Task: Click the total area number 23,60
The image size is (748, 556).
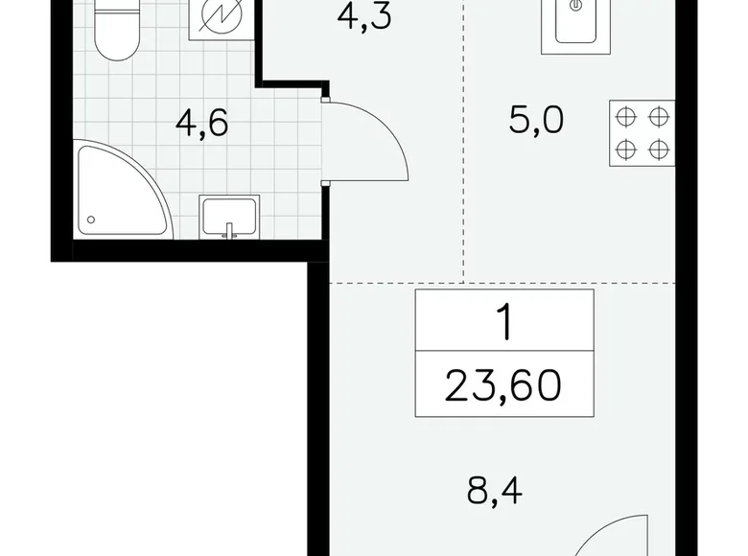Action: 503,387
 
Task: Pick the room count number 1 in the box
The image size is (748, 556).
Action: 503,324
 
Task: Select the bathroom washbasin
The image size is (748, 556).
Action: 229,215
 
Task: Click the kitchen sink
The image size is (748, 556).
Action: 576,24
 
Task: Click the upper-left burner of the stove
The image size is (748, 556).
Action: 625,117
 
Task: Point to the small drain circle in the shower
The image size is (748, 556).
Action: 91,220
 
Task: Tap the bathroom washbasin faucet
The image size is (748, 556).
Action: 229,230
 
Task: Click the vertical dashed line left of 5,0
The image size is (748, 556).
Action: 464,144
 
